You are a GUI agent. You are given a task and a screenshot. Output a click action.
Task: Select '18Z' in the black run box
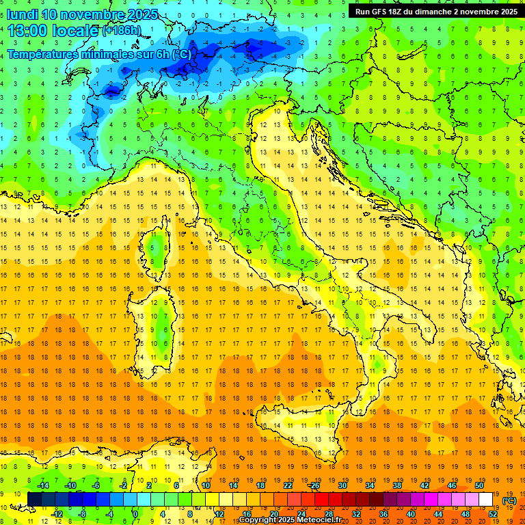401,12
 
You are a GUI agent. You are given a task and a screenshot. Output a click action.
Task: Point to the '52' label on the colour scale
493,514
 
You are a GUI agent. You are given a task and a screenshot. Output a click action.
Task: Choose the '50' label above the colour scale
479,485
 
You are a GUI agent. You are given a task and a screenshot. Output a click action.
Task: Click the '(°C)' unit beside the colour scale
509,500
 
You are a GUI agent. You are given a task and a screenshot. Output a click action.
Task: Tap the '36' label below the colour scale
383,514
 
